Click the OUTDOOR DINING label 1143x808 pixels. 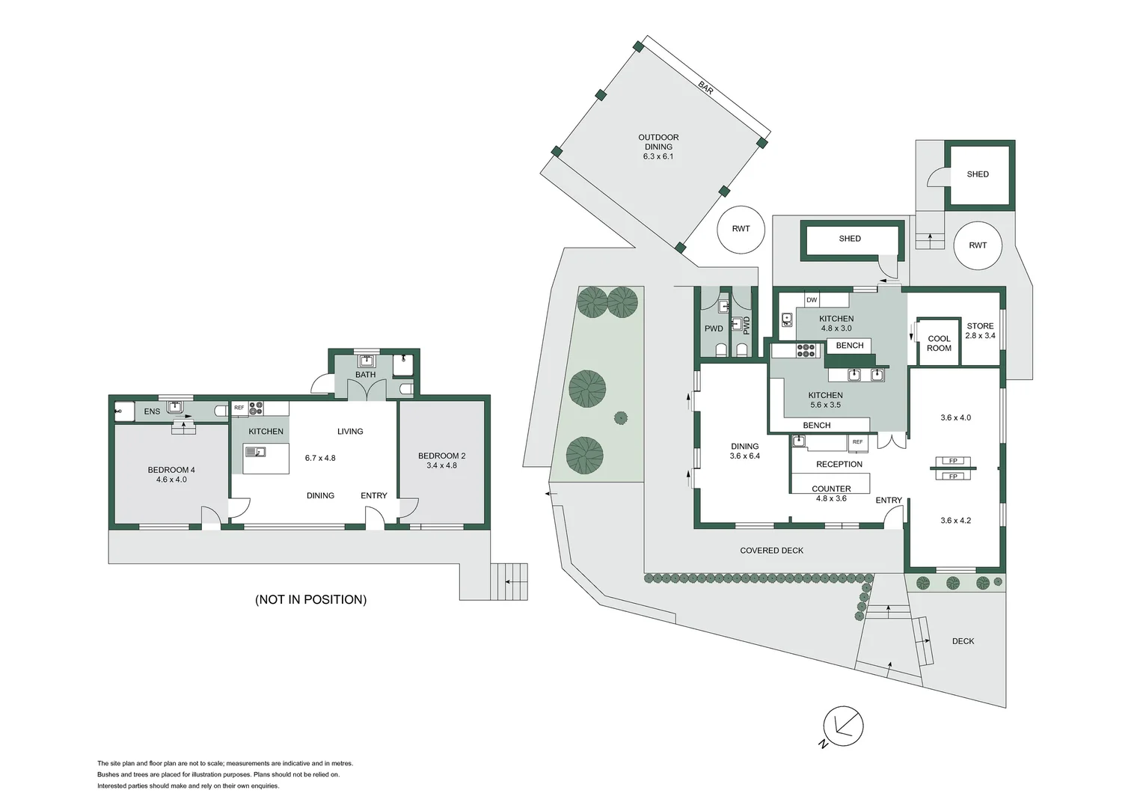pos(658,142)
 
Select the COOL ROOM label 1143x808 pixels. pos(939,343)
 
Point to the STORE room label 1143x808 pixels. pos(980,325)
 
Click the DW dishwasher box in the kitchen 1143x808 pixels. pos(812,300)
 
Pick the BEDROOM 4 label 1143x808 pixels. pos(171,470)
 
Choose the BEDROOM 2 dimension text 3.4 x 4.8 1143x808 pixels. pos(441,465)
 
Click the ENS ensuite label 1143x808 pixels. pos(152,411)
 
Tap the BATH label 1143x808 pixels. pos(365,375)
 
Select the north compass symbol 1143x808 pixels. pos(842,727)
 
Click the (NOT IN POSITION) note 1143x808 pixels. pos(310,599)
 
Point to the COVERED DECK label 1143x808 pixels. pos(771,551)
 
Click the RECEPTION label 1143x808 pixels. pos(839,464)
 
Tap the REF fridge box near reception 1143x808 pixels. pos(858,443)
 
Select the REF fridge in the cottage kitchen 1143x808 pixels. pos(239,408)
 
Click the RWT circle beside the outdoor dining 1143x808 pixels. pos(741,230)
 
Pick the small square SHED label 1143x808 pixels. pos(978,174)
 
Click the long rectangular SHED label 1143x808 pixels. pos(850,239)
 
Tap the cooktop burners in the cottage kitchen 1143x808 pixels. pos(256,408)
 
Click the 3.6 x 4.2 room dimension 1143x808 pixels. pos(956,521)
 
